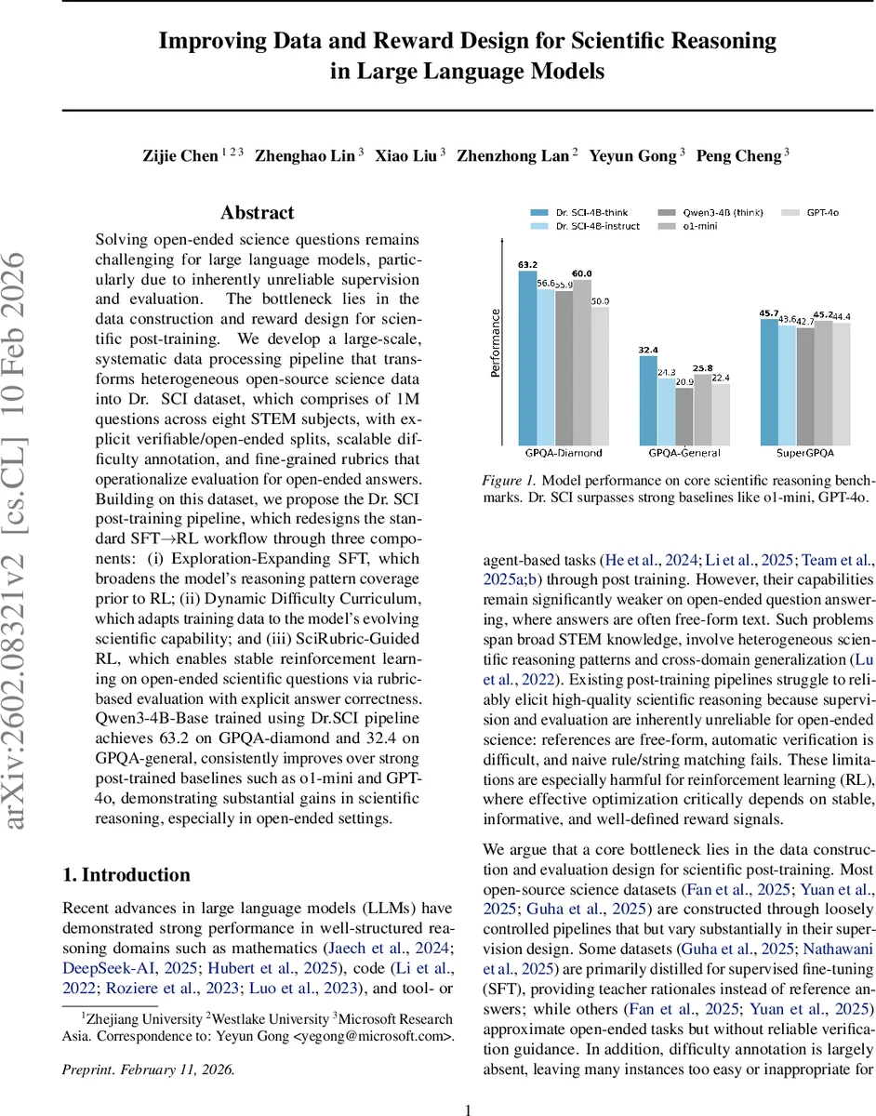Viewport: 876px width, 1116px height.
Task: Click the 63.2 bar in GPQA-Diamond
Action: pos(527,357)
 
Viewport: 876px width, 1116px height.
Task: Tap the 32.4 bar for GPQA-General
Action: pos(648,400)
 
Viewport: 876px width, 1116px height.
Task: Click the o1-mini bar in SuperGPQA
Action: pos(823,381)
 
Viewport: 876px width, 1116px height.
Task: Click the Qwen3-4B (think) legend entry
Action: pos(710,212)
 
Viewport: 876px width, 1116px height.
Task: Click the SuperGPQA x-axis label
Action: pos(805,453)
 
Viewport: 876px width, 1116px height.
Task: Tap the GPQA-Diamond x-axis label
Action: pos(564,453)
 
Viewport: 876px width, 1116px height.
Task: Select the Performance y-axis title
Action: pos(496,341)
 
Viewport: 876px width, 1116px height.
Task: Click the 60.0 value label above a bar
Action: pos(582,273)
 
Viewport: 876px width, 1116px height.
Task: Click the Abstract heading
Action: pos(258,213)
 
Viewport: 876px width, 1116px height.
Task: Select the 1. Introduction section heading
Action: pos(126,875)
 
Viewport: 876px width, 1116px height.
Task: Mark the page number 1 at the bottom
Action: pos(469,1084)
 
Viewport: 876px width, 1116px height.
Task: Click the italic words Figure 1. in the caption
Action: pos(509,480)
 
